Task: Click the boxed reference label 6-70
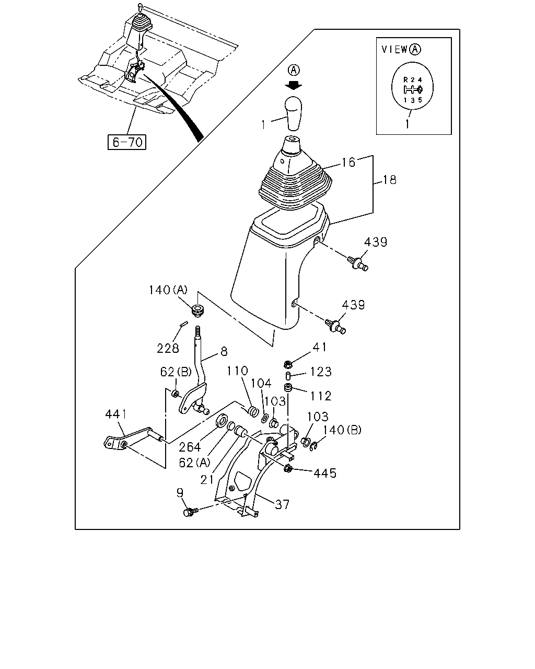[126, 142]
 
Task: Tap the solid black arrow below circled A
[294, 85]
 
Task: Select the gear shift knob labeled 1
[294, 113]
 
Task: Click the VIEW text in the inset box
[394, 49]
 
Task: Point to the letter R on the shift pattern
[405, 79]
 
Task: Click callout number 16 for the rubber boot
[348, 162]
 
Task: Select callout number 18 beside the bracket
[390, 180]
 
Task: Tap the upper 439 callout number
[376, 242]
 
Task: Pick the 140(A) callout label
[168, 290]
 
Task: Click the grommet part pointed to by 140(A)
[197, 310]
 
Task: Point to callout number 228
[168, 348]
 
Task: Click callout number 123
[321, 372]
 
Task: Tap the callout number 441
[117, 414]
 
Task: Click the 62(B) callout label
[176, 372]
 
